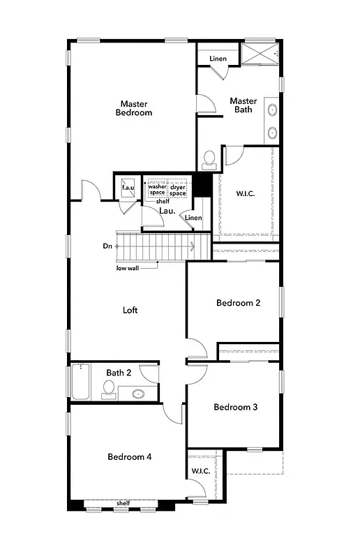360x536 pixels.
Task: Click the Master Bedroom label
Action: pos(133,107)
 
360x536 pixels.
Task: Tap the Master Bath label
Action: pos(243,105)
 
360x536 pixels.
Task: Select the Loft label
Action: pos(130,310)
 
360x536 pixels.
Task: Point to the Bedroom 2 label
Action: pos(238,303)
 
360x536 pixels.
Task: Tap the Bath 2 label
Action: pos(119,373)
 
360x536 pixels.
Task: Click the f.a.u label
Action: pos(128,188)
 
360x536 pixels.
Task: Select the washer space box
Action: pos(156,189)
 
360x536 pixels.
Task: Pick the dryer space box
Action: pos(177,189)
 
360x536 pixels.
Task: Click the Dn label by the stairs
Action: pos(107,246)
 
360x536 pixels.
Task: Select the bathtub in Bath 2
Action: pos(80,381)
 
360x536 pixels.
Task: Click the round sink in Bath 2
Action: pos(137,394)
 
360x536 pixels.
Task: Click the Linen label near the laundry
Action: pos(193,218)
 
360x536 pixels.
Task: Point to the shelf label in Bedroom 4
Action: pos(123,503)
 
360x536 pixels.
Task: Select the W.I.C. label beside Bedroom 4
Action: pos(201,472)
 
